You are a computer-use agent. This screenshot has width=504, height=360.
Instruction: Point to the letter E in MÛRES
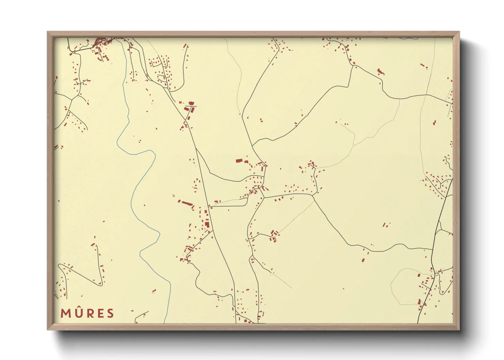click(99, 313)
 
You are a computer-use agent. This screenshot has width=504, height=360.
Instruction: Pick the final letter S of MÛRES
click(110, 313)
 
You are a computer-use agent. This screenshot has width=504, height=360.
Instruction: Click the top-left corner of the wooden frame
click(48, 32)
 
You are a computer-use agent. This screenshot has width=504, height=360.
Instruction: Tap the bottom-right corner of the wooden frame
click(459, 329)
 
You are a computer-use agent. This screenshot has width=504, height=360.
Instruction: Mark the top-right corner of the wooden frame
click(459, 32)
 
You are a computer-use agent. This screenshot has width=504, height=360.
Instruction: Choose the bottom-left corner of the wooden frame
click(48, 329)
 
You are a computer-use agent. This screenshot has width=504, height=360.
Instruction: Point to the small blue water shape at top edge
click(409, 38)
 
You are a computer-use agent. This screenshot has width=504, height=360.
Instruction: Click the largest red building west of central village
click(239, 161)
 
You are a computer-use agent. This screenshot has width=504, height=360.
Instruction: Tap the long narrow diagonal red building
click(187, 204)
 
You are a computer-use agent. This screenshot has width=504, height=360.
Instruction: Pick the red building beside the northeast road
click(380, 71)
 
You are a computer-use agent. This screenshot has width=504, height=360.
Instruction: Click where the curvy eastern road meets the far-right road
click(432, 250)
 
